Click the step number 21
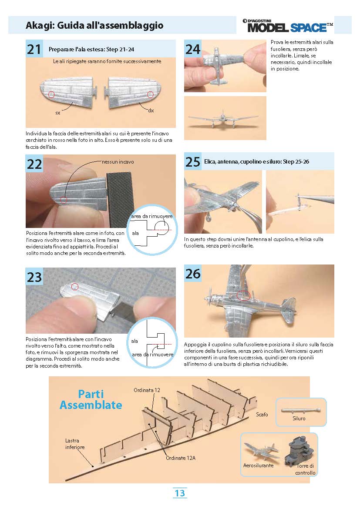click(34, 49)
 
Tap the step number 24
click(193, 49)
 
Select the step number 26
click(193, 274)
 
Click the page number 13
click(180, 493)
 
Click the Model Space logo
click(288, 26)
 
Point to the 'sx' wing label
click(58, 113)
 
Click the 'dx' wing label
click(151, 111)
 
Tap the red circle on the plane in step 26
click(243, 295)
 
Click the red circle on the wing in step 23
click(75, 287)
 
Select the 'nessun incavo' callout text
click(118, 162)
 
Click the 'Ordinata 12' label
click(147, 390)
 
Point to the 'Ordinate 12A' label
click(181, 458)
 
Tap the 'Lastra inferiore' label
click(75, 444)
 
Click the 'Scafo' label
click(262, 415)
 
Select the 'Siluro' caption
click(299, 419)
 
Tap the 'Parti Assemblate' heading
click(91, 400)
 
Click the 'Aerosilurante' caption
click(258, 465)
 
